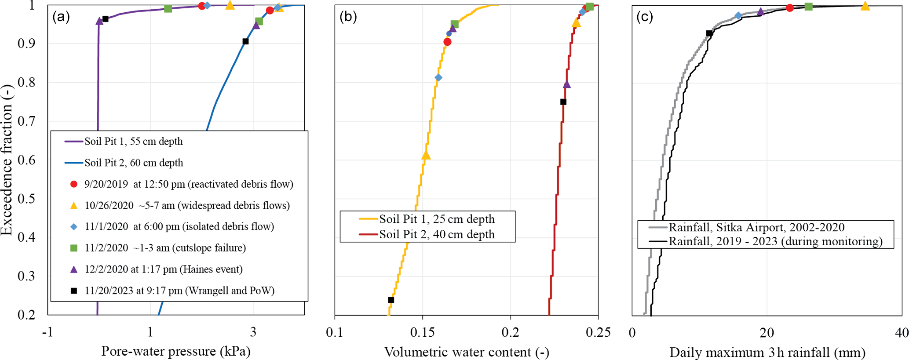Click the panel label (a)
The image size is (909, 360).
click(61, 17)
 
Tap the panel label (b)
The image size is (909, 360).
click(348, 17)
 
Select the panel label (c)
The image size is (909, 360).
click(645, 17)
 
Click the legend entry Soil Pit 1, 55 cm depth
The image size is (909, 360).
click(133, 142)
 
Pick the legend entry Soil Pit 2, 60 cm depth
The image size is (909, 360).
click(134, 163)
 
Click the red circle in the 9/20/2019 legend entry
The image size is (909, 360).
click(74, 184)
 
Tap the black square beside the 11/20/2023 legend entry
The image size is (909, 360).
click(74, 291)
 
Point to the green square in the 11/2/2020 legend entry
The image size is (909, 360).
click(74, 248)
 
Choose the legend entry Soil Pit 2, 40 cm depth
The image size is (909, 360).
click(437, 234)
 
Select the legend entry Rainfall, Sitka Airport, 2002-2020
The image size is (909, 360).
click(756, 227)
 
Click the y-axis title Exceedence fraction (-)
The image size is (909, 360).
click(7, 159)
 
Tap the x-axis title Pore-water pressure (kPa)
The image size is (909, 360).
click(176, 351)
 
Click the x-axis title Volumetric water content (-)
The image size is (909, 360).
click(467, 352)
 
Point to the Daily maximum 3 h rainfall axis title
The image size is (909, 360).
click(767, 352)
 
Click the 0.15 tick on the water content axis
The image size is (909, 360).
click(423, 333)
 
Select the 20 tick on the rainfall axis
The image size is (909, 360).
click(767, 333)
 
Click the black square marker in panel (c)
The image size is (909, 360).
click(709, 33)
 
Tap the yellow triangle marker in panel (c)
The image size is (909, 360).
click(865, 6)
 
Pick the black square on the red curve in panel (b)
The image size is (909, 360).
click(563, 102)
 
